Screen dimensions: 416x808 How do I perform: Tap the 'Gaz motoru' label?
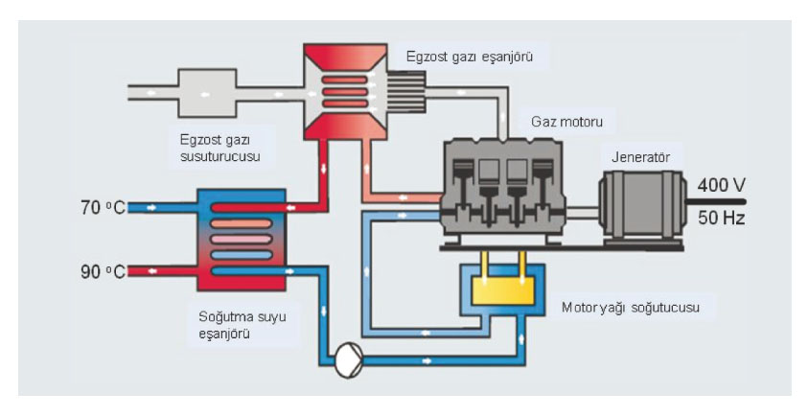pyautogui.click(x=573, y=122)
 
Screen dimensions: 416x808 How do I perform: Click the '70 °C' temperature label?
pyautogui.click(x=100, y=206)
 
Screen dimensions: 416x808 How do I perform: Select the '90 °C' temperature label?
pyautogui.click(x=100, y=271)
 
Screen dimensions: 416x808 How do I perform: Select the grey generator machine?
pyautogui.click(x=637, y=206)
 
